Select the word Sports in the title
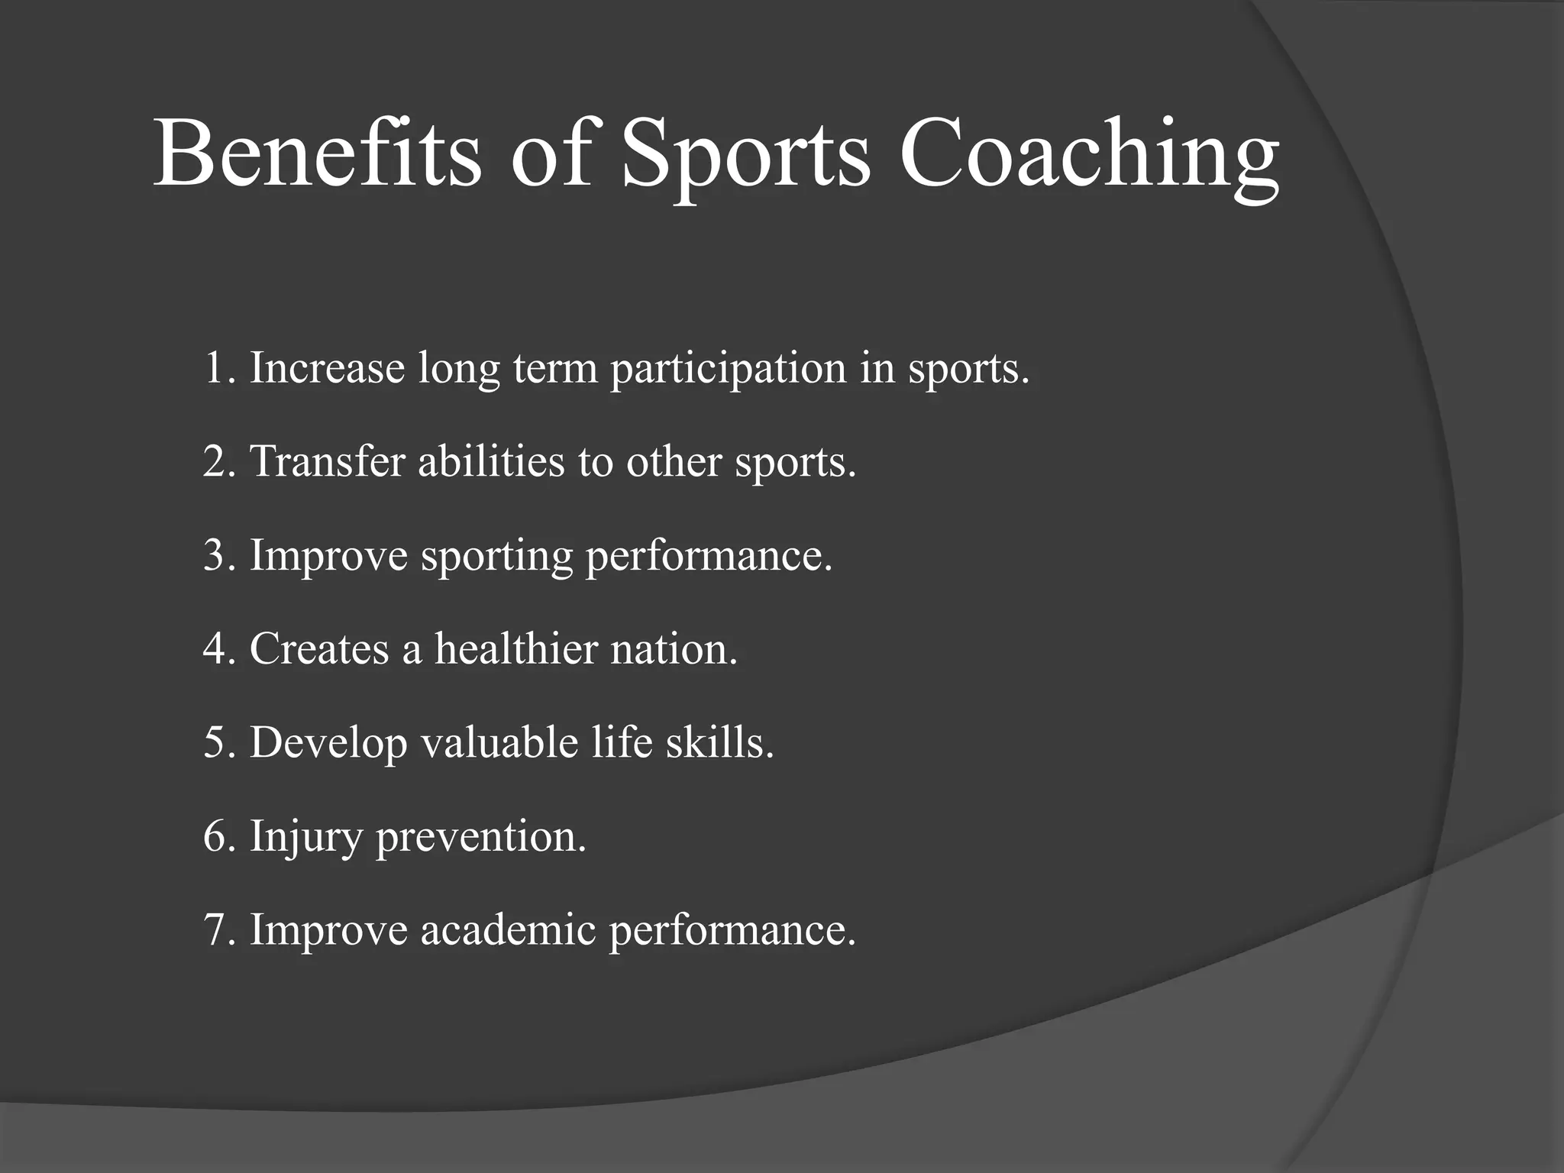tap(745, 157)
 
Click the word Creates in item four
tap(319, 649)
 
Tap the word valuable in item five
tap(499, 742)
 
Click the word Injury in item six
tap(305, 837)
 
